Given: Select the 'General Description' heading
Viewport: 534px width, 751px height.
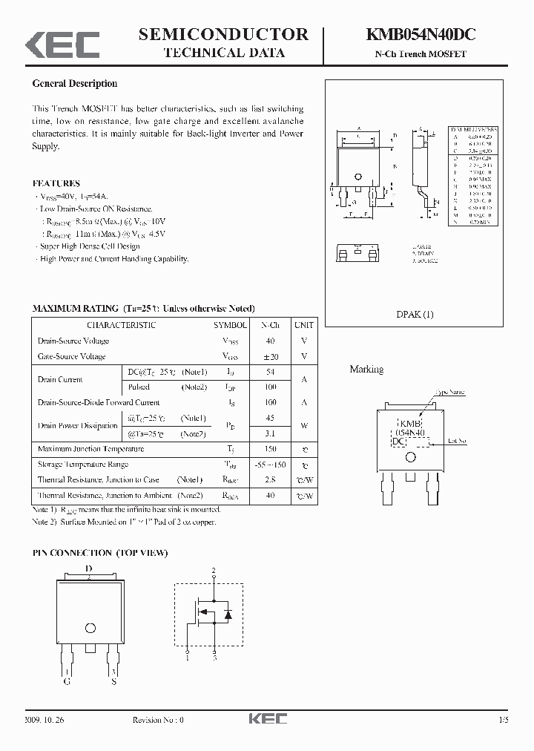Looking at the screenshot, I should (x=75, y=84).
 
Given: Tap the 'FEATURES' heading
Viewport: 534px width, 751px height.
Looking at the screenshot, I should (x=56, y=183).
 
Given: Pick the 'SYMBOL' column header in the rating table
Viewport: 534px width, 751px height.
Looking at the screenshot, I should (x=231, y=325).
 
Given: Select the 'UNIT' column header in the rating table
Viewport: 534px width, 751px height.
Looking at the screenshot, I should (x=303, y=325).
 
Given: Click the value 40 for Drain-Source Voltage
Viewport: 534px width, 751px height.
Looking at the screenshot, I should (x=269, y=341).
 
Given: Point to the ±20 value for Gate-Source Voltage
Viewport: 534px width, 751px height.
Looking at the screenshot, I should (x=269, y=356).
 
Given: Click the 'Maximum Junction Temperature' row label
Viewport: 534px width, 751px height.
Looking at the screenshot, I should (x=90, y=449).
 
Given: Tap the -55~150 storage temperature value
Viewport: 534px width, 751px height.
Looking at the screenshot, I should (x=269, y=465).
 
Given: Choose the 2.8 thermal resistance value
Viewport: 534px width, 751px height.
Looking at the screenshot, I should (x=269, y=480).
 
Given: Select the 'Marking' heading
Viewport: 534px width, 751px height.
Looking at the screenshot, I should (x=366, y=369).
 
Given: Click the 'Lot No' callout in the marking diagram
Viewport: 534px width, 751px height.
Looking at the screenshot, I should (x=458, y=441).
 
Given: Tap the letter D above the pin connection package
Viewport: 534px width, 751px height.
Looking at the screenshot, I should (x=89, y=569).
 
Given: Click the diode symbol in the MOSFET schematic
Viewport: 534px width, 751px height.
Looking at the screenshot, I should (x=228, y=614).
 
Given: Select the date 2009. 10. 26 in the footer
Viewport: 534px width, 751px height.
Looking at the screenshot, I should (x=44, y=719).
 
